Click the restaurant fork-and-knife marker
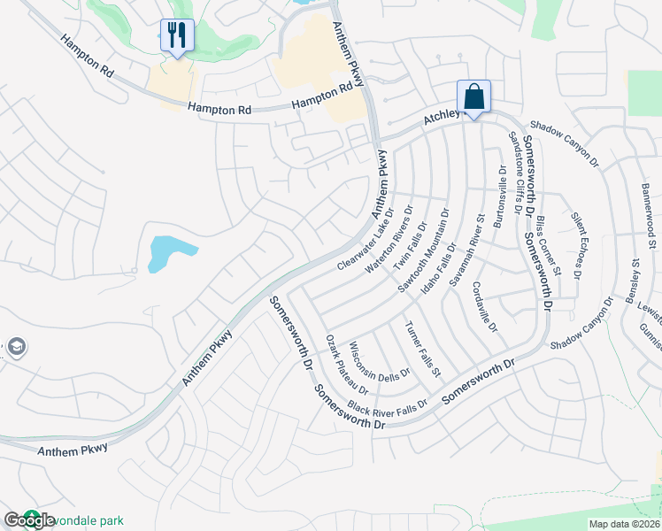(x=176, y=36)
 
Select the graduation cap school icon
(x=15, y=346)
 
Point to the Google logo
(x=30, y=521)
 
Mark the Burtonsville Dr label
(x=499, y=196)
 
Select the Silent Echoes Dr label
(x=576, y=246)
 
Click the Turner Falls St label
(x=423, y=349)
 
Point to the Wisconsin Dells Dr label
(x=380, y=362)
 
